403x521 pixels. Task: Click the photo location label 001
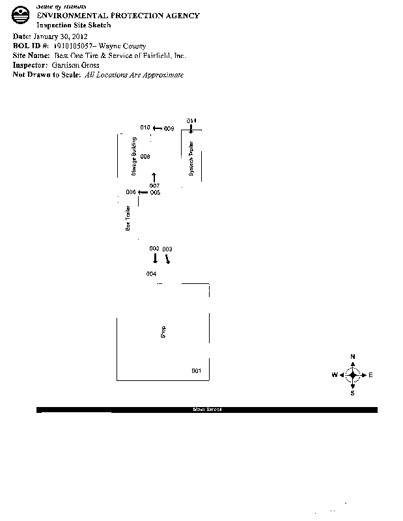pos(196,371)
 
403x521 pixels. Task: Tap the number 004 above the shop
pos(151,274)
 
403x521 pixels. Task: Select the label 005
pos(155,193)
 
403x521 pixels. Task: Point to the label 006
pos(130,192)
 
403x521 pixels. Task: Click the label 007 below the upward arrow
pos(154,186)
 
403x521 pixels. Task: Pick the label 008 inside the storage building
pos(145,157)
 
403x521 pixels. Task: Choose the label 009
pos(169,129)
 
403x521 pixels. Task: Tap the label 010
pos(145,128)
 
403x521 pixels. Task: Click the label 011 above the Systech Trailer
pos(191,120)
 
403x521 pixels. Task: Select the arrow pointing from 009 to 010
pos(157,128)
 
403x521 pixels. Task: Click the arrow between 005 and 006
pos(143,192)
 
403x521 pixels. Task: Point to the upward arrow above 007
pos(154,177)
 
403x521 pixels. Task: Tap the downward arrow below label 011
pos(191,129)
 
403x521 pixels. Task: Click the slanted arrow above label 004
pos(168,259)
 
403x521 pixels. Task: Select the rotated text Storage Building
pos(133,157)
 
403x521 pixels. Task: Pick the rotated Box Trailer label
pos(128,218)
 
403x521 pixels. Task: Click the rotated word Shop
pos(163,332)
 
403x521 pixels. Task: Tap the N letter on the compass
pos(353,356)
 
